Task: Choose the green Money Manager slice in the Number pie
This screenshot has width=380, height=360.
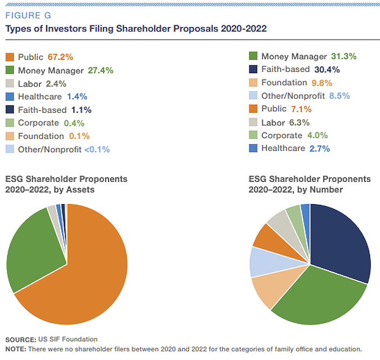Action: pos(318,297)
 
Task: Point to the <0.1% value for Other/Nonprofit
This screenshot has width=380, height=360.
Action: pos(97,150)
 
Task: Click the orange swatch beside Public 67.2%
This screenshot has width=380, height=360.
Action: pos(10,57)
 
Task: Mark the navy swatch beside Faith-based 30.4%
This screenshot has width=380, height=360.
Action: pos(253,70)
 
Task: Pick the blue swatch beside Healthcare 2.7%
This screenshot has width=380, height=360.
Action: pos(253,148)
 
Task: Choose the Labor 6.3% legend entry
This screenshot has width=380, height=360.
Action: pos(288,123)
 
